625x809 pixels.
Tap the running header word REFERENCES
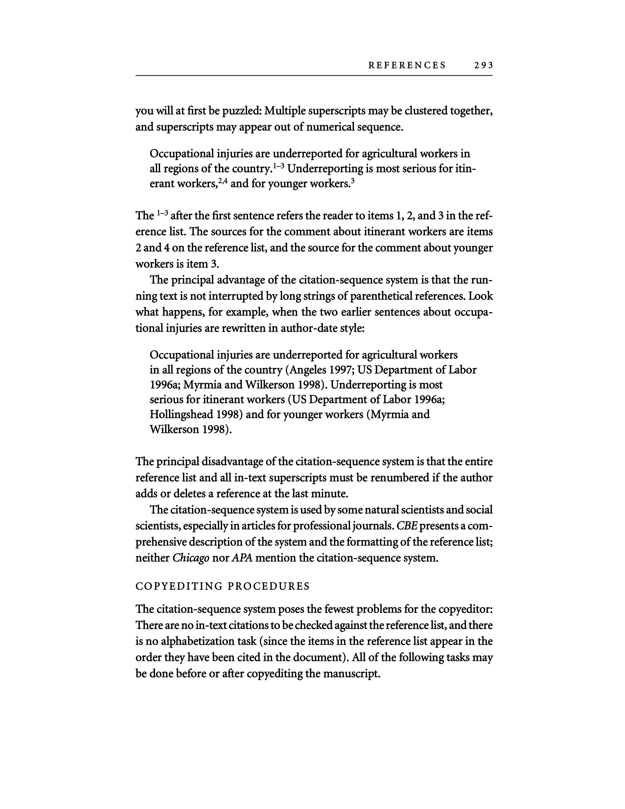tap(407, 65)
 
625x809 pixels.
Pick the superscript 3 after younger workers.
tap(352, 181)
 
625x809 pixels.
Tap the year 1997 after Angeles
tap(338, 370)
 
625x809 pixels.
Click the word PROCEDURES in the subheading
tap(268, 586)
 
